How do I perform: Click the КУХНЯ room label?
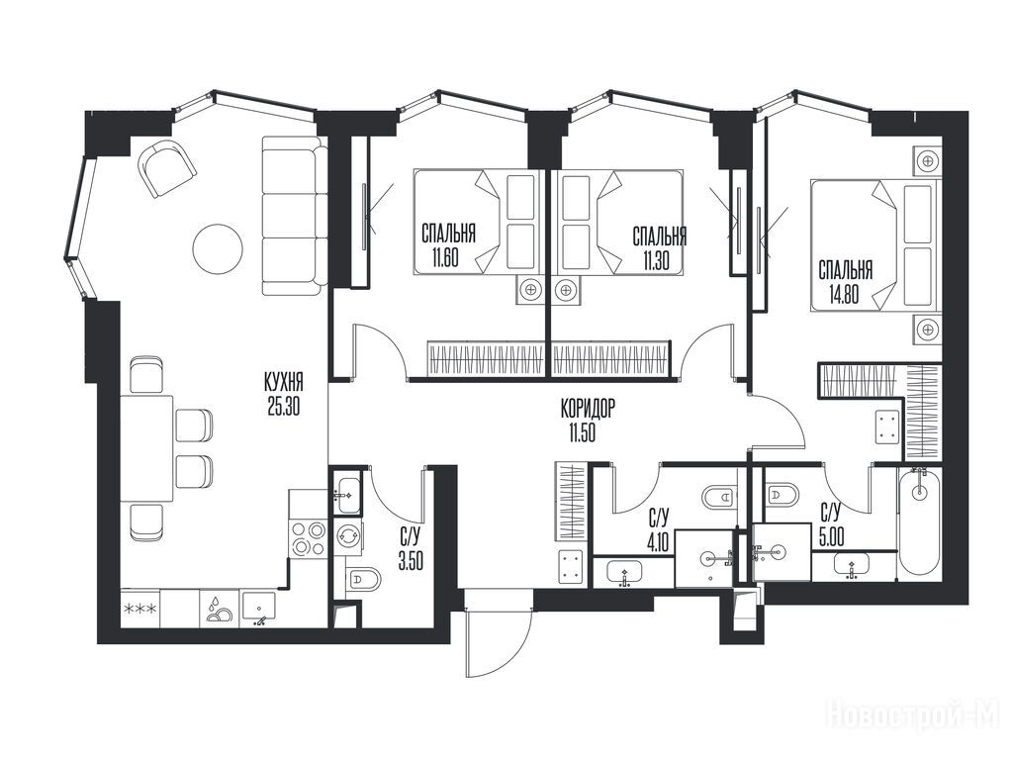point(284,382)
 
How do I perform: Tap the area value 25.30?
point(284,407)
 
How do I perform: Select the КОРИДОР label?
point(588,409)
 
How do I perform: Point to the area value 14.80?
point(845,295)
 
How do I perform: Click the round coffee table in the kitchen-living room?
point(217,249)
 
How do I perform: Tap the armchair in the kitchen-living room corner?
point(166,167)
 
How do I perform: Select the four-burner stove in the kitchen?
point(309,538)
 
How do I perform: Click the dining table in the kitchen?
point(146,448)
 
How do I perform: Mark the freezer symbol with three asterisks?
point(140,609)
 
